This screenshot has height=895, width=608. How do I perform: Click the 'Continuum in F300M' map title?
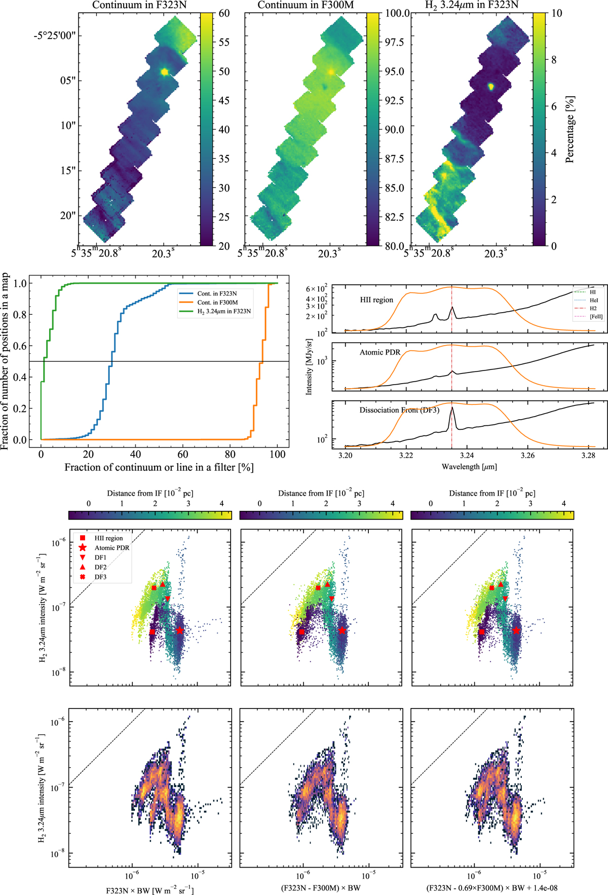[306, 5]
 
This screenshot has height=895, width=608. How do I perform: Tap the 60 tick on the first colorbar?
[224, 13]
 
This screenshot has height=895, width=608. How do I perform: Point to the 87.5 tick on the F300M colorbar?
[395, 159]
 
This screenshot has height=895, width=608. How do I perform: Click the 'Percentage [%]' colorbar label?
[570, 129]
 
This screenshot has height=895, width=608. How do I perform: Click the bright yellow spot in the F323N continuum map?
[164, 72]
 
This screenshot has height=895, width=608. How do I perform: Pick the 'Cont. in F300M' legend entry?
[217, 302]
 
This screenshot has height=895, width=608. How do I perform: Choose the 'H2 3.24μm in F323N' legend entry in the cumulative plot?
[224, 311]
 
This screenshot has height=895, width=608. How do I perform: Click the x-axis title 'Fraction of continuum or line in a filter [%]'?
[159, 467]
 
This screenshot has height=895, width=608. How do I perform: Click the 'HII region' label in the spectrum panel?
[376, 300]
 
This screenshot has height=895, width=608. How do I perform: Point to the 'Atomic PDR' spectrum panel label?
[379, 352]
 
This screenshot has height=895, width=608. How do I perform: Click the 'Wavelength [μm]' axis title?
[469, 466]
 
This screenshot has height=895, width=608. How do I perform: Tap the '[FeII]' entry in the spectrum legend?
[596, 316]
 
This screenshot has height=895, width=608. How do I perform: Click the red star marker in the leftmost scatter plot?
[180, 630]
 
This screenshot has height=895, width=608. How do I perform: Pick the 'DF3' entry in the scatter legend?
[100, 577]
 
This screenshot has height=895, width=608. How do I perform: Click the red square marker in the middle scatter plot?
[302, 632]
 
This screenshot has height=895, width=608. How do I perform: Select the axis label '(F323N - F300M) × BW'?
[320, 888]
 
